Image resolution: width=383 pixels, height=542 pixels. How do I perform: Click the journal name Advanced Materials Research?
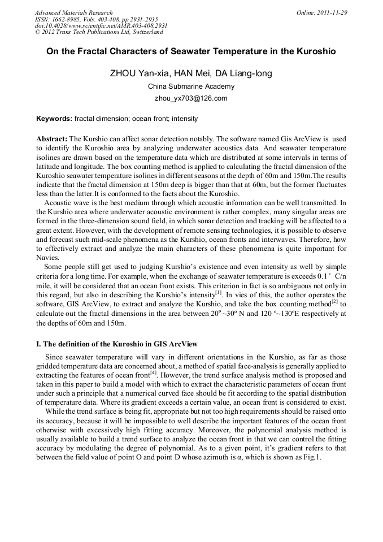(73, 12)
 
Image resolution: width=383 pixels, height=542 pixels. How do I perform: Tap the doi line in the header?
(101, 26)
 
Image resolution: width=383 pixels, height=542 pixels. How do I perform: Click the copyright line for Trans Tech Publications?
(98, 32)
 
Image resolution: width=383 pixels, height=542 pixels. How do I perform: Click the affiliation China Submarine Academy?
(191, 86)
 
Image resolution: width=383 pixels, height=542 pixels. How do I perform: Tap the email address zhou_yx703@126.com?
(191, 98)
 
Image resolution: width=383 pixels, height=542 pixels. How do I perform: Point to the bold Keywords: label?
(54, 119)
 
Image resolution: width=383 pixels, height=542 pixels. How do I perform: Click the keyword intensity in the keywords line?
(185, 119)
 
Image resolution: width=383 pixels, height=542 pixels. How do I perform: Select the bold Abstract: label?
(52, 138)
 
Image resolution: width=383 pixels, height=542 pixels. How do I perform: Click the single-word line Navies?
(47, 257)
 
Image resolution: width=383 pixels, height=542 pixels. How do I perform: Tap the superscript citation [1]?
(218, 292)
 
